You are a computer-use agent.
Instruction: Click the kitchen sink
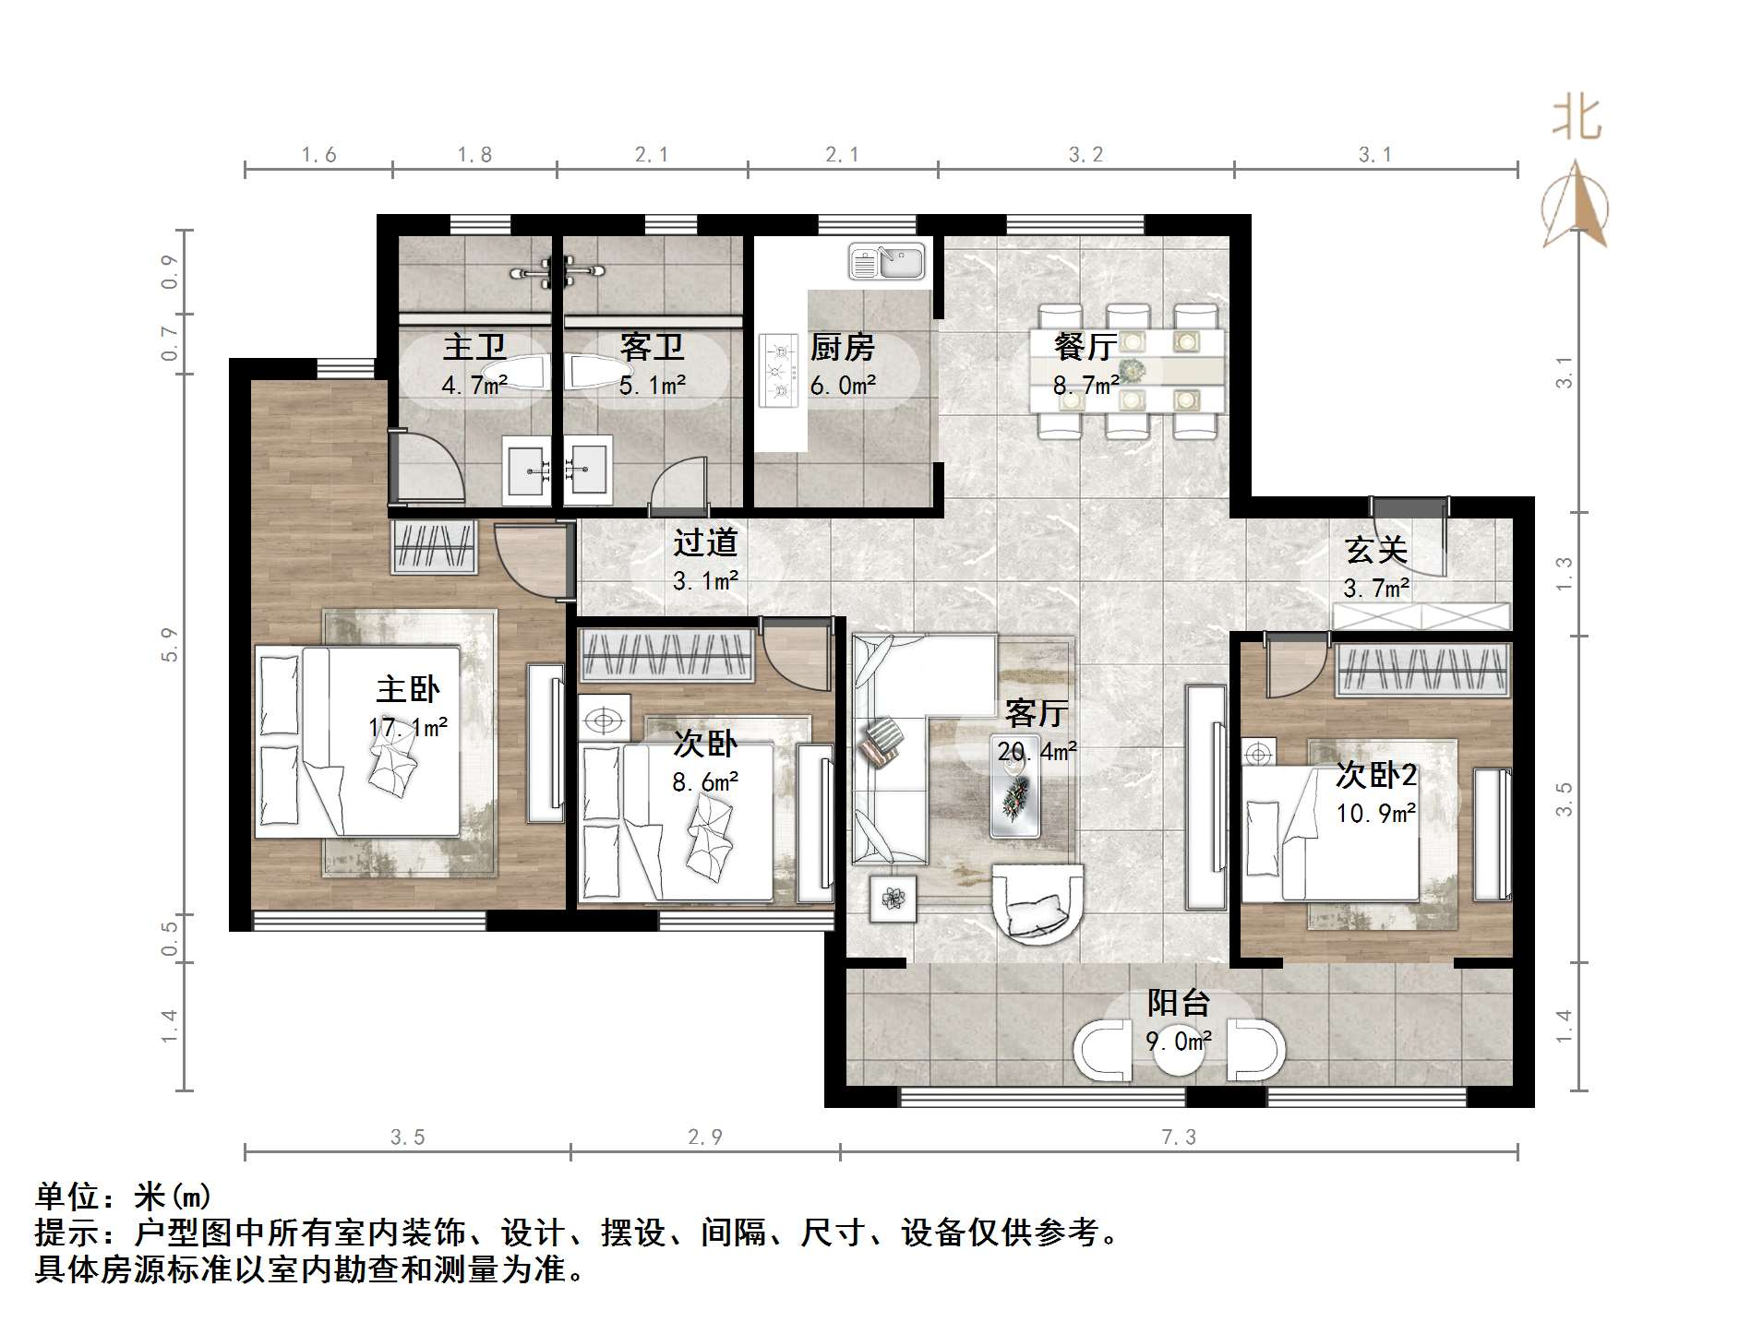(886, 261)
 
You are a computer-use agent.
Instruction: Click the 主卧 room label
(407, 689)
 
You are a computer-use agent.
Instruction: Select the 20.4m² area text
(1037, 752)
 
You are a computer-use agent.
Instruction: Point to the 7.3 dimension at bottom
(1178, 1137)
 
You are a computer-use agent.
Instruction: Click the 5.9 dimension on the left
(169, 644)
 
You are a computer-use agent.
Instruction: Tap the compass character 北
(1577, 120)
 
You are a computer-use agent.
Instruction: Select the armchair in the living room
(1037, 902)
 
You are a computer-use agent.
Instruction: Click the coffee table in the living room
(1015, 798)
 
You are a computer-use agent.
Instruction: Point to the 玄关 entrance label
(1375, 551)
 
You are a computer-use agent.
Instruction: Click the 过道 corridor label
(705, 542)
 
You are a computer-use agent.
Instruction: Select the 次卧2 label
(1375, 775)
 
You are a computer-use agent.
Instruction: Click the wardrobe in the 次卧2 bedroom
(1421, 669)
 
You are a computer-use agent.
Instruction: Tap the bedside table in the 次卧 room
(604, 720)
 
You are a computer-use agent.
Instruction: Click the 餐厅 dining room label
(1085, 347)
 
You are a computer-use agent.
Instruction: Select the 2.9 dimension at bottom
(704, 1137)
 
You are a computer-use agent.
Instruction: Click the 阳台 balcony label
(1178, 1003)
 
